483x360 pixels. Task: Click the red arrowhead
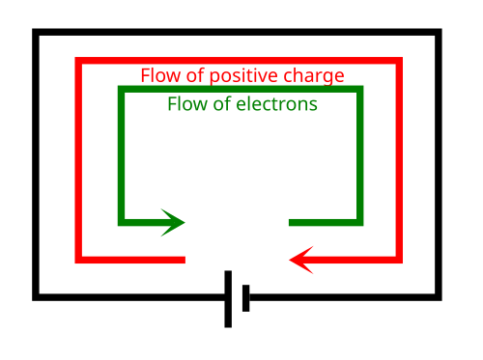[x=300, y=260]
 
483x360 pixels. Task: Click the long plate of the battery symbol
[x=228, y=299]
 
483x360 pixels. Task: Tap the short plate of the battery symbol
[x=245, y=298]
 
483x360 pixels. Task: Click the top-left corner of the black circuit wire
[x=36, y=32]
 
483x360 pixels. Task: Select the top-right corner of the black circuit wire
[x=439, y=32]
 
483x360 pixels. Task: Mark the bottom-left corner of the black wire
[x=36, y=297]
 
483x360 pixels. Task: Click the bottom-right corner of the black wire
[x=439, y=297]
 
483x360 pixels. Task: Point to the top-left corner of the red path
[x=78, y=61]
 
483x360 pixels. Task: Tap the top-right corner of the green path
[x=360, y=89]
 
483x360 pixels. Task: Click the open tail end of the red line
[x=185, y=260]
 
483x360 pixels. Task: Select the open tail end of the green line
[x=290, y=223]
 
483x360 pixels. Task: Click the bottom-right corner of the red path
[x=399, y=260]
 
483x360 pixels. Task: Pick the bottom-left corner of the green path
[x=122, y=223]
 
